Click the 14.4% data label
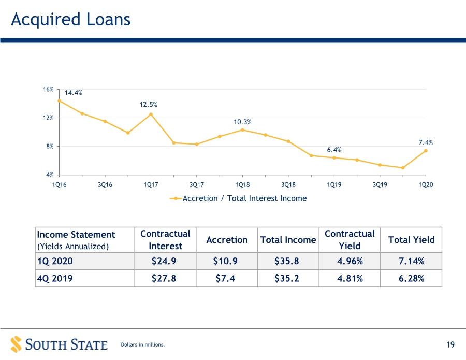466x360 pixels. (x=74, y=93)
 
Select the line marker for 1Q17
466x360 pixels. (x=151, y=114)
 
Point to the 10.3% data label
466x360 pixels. (x=242, y=122)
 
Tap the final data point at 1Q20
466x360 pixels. (x=426, y=151)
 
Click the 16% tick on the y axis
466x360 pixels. (x=48, y=89)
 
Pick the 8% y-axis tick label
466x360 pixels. (x=50, y=146)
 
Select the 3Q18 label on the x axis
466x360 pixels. (x=288, y=184)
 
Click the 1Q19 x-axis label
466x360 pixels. (x=334, y=184)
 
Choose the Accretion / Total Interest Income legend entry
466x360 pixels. (x=238, y=198)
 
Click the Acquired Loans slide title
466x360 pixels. (x=71, y=20)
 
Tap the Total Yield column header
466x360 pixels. (x=411, y=240)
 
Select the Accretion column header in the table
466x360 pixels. (x=227, y=240)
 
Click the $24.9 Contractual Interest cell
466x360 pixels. (x=164, y=261)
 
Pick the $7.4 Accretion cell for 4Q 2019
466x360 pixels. (x=225, y=278)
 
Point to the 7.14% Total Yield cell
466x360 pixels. (x=411, y=261)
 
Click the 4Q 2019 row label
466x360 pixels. (x=55, y=278)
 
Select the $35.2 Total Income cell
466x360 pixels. (x=287, y=278)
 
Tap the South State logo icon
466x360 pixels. (x=17, y=344)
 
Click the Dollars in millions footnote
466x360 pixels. (x=143, y=344)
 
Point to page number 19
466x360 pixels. (x=450, y=344)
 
